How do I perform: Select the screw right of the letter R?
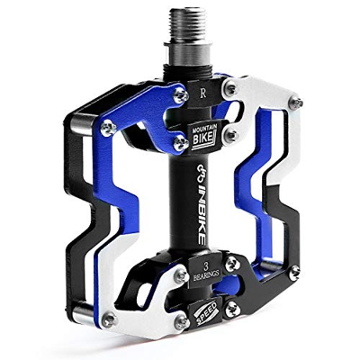coord(232,87)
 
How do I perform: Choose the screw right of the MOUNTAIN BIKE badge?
coord(232,135)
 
